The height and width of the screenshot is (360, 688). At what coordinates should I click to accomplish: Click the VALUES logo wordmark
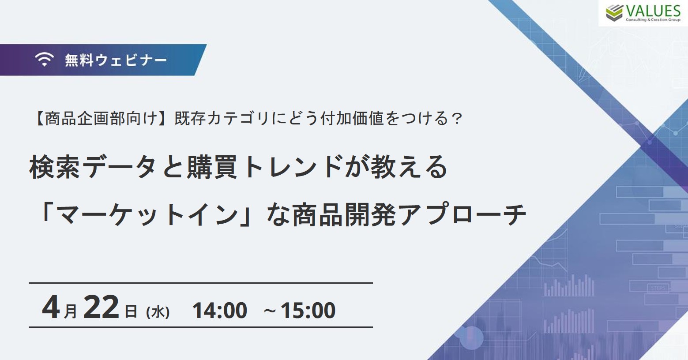coord(653,11)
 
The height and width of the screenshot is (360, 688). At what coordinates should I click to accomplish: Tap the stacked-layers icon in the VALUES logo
coord(614,13)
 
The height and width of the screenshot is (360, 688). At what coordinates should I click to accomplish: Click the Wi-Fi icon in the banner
coord(44,59)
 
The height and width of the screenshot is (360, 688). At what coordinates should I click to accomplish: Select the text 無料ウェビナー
coord(116,60)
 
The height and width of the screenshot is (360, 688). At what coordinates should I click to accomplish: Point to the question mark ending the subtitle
coord(457,119)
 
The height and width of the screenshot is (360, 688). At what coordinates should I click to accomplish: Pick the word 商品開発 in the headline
coord(344,214)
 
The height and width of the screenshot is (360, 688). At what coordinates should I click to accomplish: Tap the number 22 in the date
coord(101,307)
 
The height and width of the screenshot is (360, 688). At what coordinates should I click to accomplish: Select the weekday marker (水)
coord(158,312)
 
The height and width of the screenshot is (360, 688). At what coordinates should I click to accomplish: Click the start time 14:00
coord(220,310)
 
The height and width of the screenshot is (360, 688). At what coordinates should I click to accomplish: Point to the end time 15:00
coord(308,310)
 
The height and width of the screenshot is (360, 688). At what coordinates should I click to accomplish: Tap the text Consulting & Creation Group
coord(653,20)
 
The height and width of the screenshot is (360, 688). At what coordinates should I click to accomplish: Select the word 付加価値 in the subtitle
coord(352,119)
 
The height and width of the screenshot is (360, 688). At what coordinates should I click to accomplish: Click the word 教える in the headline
coord(409,167)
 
